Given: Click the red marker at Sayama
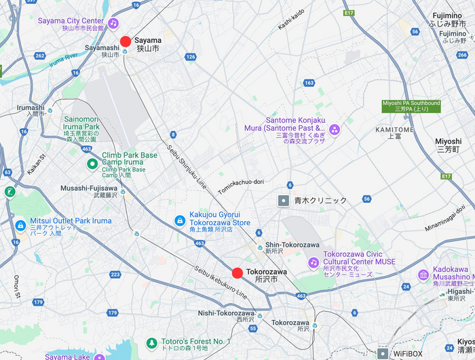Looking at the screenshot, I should coord(126,41).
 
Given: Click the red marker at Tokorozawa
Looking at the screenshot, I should coord(237,273).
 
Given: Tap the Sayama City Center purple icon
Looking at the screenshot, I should coord(113,24).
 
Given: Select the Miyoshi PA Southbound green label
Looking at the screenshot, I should coord(411,106).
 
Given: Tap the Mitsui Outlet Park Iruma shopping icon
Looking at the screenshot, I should coord(20,225).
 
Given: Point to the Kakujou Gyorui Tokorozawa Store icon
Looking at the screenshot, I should coord(179,220).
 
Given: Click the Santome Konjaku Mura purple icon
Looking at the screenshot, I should coord(334,128).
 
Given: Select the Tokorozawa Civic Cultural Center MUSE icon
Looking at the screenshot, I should coord(313,262).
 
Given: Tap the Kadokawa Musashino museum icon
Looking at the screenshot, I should coord(423,275).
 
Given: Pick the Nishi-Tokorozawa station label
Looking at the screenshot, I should coord(226,313).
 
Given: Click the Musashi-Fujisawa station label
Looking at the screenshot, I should coord(88,188).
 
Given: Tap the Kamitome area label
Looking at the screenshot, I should coord(394,129).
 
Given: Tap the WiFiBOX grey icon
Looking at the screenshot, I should coord(383,354).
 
